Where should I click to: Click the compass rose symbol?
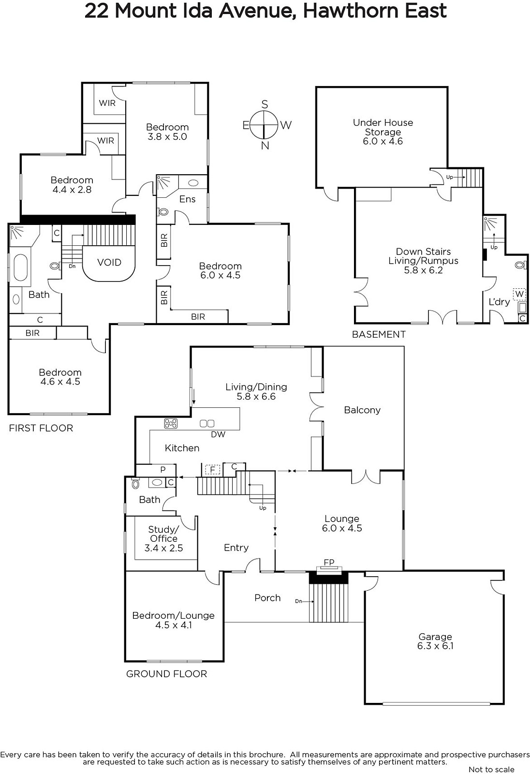264,125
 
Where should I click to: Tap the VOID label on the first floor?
109,262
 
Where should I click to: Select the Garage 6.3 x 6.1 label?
435,641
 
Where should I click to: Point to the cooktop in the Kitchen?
171,423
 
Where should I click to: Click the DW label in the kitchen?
218,434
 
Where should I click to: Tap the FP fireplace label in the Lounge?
329,562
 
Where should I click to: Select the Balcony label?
362,410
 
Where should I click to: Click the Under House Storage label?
383,127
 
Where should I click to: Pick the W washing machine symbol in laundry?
519,295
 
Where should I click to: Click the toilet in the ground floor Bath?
135,483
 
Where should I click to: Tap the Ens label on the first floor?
187,199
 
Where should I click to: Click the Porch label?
267,598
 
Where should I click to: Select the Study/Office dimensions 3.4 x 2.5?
163,548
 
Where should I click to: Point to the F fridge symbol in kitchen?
212,470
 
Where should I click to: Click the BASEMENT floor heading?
379,334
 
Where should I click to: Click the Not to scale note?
491,769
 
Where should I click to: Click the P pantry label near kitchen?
163,469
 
